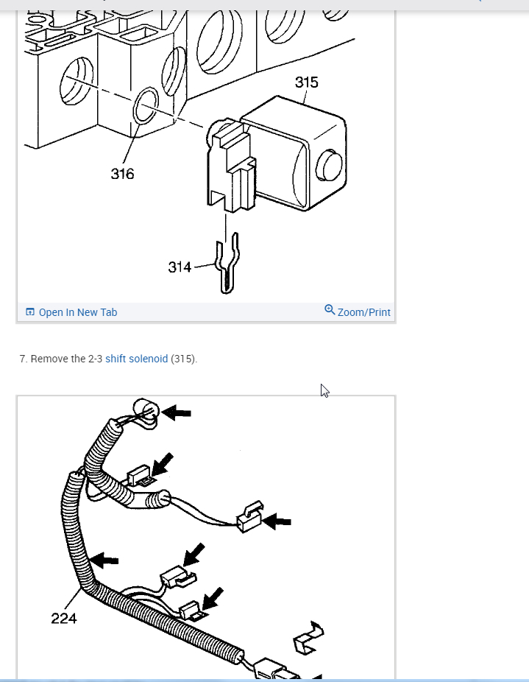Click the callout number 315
[307, 82]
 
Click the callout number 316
[123, 174]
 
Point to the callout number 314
[180, 267]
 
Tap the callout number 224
[64, 619]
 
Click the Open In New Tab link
[77, 312]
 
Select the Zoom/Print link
[363, 312]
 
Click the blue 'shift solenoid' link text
[136, 359]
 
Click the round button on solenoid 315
[328, 166]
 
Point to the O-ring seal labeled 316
[146, 106]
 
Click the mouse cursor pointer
[324, 390]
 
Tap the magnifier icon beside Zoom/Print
[330, 310]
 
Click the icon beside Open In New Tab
[30, 312]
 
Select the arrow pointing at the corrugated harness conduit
[105, 560]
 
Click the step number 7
[23, 359]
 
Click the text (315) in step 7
[183, 359]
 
